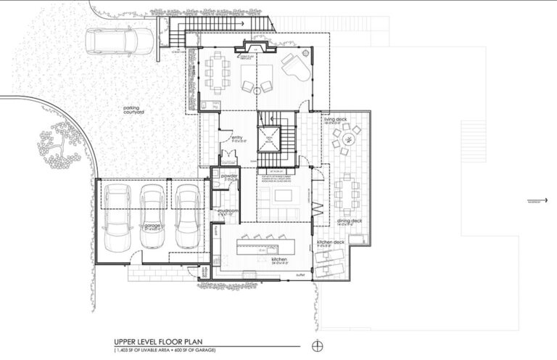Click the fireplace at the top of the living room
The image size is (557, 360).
255,47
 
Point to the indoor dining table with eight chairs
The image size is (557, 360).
218,73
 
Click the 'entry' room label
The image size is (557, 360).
236,136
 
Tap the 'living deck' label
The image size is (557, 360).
347,119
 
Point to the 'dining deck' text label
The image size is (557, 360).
348,221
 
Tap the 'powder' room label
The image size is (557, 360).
231,176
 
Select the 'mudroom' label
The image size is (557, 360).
228,209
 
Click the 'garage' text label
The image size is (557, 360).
152,225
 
